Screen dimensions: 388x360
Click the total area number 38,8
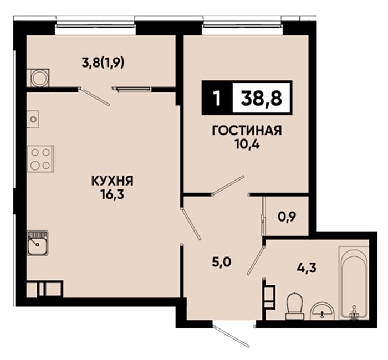(262, 97)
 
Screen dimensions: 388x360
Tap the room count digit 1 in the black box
(217, 98)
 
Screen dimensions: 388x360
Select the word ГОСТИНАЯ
(247, 131)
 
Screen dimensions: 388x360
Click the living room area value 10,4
(247, 145)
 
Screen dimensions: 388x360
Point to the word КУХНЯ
(113, 181)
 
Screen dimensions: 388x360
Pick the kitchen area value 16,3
(112, 195)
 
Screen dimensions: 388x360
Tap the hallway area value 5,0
(222, 262)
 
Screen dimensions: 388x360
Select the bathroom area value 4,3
(307, 268)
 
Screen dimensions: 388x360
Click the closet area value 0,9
(287, 217)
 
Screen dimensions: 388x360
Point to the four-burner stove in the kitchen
(40, 159)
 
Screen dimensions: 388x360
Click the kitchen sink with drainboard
(38, 243)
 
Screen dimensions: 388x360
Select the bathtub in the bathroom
(354, 282)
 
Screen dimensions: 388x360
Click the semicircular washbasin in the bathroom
(321, 311)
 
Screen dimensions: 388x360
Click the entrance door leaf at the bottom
(231, 337)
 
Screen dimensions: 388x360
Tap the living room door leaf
(229, 185)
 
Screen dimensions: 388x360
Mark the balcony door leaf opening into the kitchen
(95, 97)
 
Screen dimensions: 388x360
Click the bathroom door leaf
(256, 261)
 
